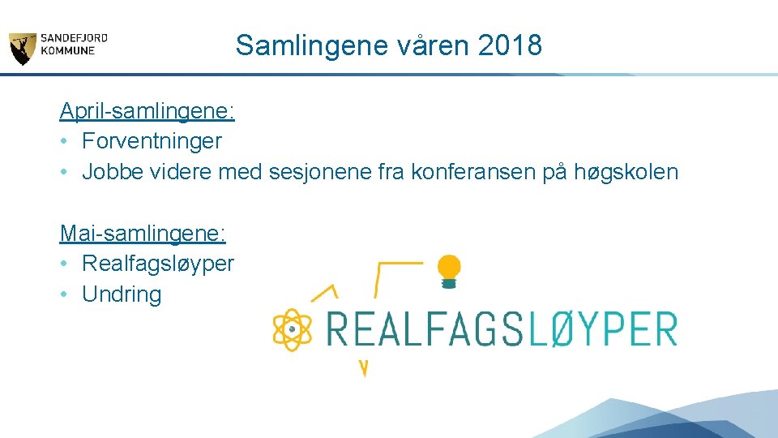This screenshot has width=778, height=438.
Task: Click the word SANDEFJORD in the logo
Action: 75,37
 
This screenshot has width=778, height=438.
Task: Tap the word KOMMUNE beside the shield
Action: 68,50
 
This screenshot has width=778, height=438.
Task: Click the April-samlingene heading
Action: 147,110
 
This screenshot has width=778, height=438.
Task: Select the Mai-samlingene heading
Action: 143,234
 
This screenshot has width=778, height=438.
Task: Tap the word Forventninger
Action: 152,141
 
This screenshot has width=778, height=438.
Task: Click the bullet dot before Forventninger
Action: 64,141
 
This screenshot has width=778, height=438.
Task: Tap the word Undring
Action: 122,294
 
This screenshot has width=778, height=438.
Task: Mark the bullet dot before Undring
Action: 64,294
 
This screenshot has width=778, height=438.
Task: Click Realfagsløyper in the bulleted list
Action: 158,264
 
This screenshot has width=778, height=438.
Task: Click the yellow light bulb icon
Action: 449,271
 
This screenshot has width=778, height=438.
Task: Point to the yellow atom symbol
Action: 293,329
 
